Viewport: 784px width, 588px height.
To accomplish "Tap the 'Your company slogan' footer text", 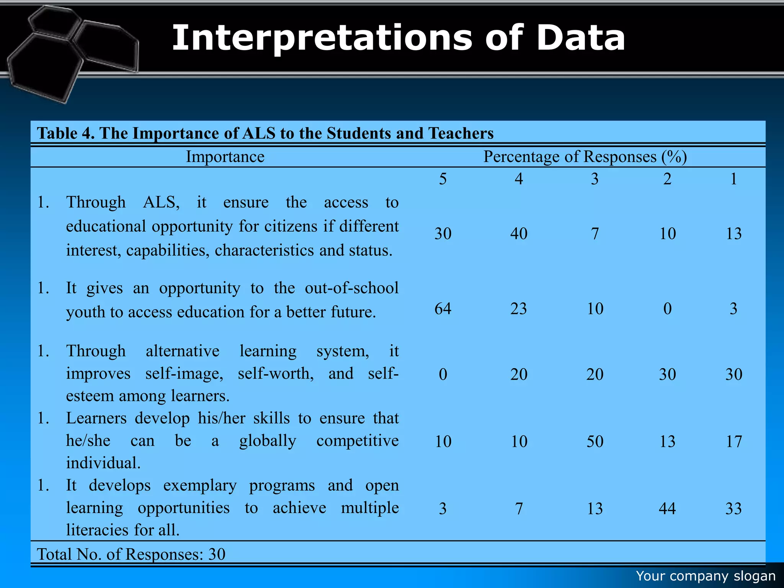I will click(706, 576).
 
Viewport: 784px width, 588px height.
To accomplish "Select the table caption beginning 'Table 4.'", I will click(265, 133).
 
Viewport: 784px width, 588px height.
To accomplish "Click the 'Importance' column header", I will click(225, 157).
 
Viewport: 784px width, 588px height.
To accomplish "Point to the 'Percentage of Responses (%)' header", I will click(585, 157).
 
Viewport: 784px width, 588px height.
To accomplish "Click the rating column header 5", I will click(443, 179).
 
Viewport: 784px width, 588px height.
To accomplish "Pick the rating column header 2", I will click(667, 179).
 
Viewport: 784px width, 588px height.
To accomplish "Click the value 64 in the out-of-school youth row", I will click(443, 309).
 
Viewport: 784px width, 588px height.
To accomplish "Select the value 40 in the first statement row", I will click(519, 234).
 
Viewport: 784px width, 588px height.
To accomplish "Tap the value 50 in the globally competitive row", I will click(595, 441).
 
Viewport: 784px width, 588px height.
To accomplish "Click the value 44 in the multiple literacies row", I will click(667, 508).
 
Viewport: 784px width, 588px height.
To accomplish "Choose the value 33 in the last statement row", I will click(733, 508).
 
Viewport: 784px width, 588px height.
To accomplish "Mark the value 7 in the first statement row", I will click(595, 234).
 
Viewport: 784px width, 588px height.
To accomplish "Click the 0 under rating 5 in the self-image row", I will click(443, 374).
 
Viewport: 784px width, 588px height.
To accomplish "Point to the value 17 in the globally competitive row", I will click(733, 441).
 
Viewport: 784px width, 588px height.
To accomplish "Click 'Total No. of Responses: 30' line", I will click(131, 554).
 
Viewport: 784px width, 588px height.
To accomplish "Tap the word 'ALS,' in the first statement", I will click(161, 203).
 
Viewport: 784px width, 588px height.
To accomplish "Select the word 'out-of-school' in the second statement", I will click(351, 288).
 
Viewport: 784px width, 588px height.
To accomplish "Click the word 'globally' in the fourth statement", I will click(268, 441).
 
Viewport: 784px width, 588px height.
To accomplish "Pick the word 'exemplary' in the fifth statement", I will click(200, 485).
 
